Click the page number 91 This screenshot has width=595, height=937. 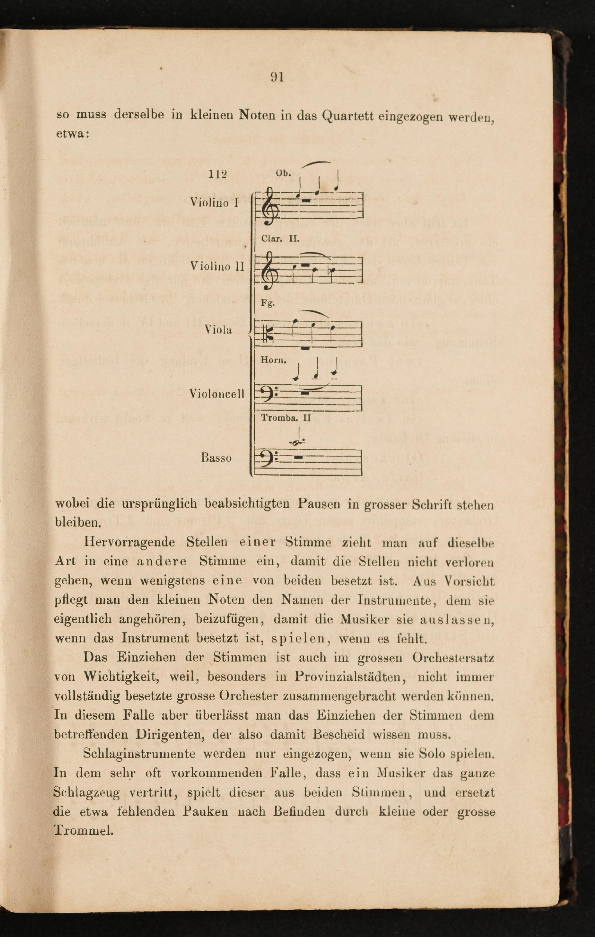[277, 77]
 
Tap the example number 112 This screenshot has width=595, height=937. [218, 174]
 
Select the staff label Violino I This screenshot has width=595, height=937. [214, 202]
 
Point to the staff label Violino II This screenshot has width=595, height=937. [217, 266]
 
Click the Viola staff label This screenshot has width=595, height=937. [218, 330]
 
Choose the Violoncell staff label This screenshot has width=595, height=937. [217, 394]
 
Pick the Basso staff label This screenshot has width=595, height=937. [216, 457]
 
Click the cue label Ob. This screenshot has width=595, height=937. [283, 173]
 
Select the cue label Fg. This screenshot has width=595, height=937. [268, 303]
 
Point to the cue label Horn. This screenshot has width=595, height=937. [273, 360]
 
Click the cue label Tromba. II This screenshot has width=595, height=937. [286, 418]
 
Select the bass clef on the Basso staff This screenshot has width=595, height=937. [267, 460]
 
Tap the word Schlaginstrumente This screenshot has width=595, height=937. [139, 754]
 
